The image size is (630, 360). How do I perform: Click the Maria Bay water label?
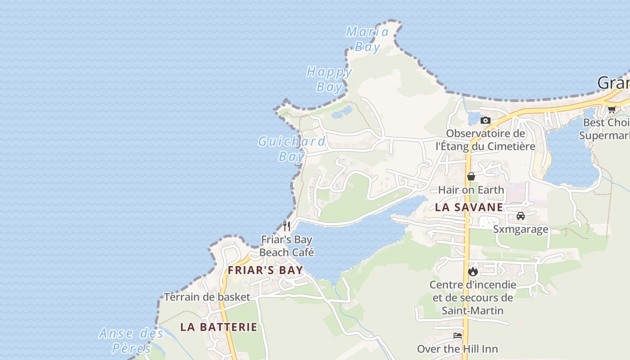click(x=368, y=39)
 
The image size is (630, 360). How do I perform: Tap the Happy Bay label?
click(x=329, y=79)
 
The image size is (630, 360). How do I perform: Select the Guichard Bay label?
click(x=292, y=148)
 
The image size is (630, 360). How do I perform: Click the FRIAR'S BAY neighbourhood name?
click(x=265, y=270)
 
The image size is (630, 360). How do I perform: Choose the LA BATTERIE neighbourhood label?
click(x=219, y=327)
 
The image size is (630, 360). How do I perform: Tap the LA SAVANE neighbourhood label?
click(x=469, y=207)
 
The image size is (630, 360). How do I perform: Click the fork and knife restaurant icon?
click(x=287, y=225)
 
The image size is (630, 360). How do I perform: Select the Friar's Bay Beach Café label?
click(x=287, y=246)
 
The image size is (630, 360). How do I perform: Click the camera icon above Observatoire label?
click(x=485, y=120)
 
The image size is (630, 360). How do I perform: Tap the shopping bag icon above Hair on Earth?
click(x=471, y=176)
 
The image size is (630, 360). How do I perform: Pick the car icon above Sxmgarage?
click(x=521, y=216)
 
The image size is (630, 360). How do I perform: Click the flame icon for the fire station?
click(x=472, y=271)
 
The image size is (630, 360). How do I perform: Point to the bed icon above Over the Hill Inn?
click(x=458, y=336)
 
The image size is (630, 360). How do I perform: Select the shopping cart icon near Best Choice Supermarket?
click(x=612, y=109)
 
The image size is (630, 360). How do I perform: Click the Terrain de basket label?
click(x=207, y=297)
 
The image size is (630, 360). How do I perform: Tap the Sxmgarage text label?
click(x=521, y=229)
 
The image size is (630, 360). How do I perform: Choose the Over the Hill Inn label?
click(x=458, y=349)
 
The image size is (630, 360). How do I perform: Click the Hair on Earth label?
click(x=471, y=189)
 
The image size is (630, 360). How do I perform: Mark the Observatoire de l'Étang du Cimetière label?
click(x=485, y=139)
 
